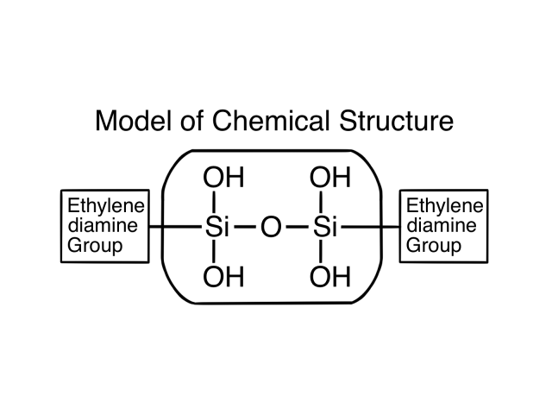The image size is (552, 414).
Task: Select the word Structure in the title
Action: point(395,121)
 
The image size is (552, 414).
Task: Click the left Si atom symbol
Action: point(216,229)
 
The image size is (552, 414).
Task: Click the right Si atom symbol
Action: point(323,229)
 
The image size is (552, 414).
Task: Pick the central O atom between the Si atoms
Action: point(270,229)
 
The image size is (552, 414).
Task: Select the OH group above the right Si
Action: point(329,179)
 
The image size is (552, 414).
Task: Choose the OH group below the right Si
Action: point(329,278)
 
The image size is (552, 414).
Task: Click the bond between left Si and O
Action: point(244,229)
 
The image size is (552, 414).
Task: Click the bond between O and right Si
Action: point(296,229)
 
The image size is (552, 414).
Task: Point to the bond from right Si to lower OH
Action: point(321,254)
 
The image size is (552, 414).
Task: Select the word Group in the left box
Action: point(94,246)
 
